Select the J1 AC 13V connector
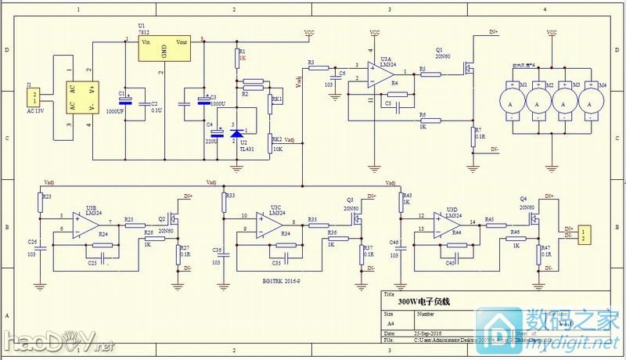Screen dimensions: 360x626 [34, 97]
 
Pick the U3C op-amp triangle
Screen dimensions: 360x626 [271, 225]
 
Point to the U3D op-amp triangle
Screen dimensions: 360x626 [451, 223]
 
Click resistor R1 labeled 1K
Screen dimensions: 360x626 [236, 56]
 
